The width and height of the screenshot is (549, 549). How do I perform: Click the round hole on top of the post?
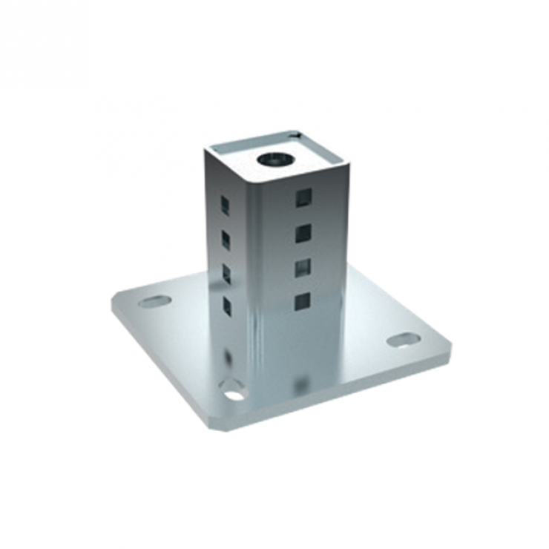point(275,158)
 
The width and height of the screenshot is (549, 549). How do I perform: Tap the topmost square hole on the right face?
point(303,197)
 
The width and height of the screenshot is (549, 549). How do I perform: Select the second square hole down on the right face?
point(303,234)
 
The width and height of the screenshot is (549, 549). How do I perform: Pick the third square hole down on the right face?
point(303,268)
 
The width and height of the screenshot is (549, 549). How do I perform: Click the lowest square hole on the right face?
point(302,301)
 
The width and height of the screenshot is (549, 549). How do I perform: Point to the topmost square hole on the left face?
point(225,205)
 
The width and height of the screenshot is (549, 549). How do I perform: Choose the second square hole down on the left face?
point(226,239)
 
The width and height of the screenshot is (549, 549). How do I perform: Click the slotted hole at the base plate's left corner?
point(154,301)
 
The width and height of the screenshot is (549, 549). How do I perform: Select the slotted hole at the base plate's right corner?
point(403,340)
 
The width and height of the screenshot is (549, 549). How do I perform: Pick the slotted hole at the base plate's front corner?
point(233,390)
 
